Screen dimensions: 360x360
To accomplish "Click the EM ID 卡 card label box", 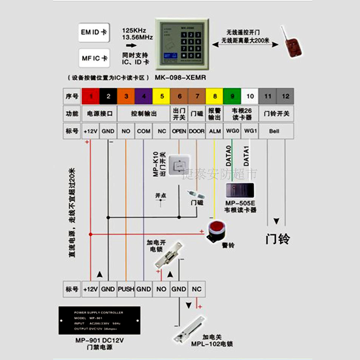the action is coord(94,32).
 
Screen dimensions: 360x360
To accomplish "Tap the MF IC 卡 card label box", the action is coord(94,58).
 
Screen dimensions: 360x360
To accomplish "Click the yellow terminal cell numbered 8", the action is coord(215,96).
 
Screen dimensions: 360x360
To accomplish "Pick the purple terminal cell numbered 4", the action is coord(144,96).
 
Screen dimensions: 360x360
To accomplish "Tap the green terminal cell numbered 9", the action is coord(232,96).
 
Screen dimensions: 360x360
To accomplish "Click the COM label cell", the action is coord(144,131).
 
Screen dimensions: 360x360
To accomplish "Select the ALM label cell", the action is coord(215,131).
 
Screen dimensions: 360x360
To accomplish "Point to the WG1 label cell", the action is coord(250,131).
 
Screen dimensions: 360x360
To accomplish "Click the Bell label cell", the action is coord(276,131).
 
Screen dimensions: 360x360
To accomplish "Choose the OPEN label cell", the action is coord(179,131).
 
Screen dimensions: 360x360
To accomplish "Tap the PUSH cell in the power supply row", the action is coord(126,289).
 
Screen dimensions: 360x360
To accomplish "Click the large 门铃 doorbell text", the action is coord(277,238).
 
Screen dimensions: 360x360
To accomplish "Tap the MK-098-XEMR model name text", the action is coord(180,77).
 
